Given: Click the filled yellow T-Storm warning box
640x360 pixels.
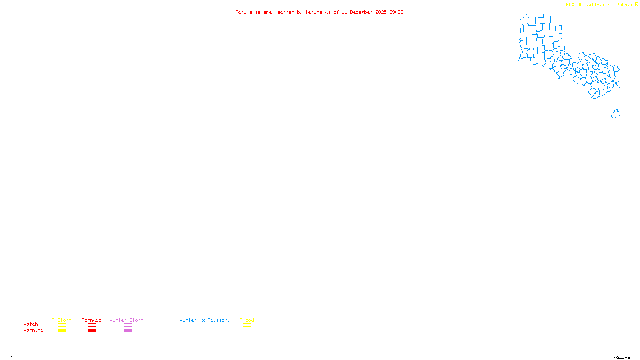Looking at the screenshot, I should pyautogui.click(x=62, y=331).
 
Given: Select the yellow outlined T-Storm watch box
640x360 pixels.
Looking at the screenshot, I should pyautogui.click(x=62, y=325).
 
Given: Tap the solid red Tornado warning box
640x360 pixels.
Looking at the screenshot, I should pyautogui.click(x=92, y=331).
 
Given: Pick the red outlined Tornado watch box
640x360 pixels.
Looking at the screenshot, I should pyautogui.click(x=92, y=325).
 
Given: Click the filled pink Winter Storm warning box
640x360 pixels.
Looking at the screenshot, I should pyautogui.click(x=128, y=331).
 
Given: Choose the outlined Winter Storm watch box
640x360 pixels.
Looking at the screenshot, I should pyautogui.click(x=128, y=325).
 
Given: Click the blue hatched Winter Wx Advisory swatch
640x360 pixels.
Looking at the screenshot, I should pyautogui.click(x=204, y=331).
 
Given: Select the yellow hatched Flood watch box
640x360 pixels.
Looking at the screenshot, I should pyautogui.click(x=247, y=325).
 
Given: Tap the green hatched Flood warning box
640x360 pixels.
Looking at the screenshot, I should pyautogui.click(x=247, y=331).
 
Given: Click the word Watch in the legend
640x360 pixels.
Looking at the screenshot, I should pyautogui.click(x=31, y=324).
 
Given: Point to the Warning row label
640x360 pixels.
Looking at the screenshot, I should pyautogui.click(x=33, y=330).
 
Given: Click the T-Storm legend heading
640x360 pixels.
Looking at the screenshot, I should pyautogui.click(x=62, y=320).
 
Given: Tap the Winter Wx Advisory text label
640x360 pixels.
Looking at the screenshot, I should pyautogui.click(x=205, y=320).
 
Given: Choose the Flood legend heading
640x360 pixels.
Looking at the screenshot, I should pyautogui.click(x=247, y=320).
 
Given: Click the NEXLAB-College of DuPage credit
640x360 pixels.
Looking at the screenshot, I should pyautogui.click(x=600, y=5).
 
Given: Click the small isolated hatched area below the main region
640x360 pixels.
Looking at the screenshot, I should pyautogui.click(x=616, y=114).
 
